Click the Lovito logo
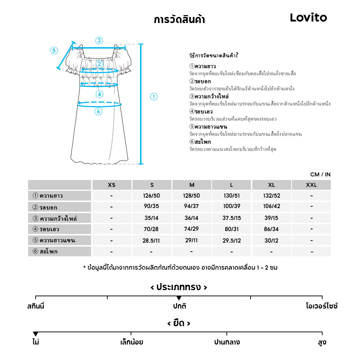309,18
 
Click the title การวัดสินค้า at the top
179,19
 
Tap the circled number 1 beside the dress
154,96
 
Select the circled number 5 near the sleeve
54,50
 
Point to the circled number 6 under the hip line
98,112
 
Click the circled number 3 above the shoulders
99,40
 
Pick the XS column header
112,185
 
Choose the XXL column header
311,185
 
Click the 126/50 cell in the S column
152,196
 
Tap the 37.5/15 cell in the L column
231,218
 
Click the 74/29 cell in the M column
192,229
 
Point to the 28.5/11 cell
152,240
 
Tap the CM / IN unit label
320,175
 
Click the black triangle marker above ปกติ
179,298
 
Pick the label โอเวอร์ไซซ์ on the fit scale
321,306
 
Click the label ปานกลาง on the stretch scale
227,342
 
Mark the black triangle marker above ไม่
35,334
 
